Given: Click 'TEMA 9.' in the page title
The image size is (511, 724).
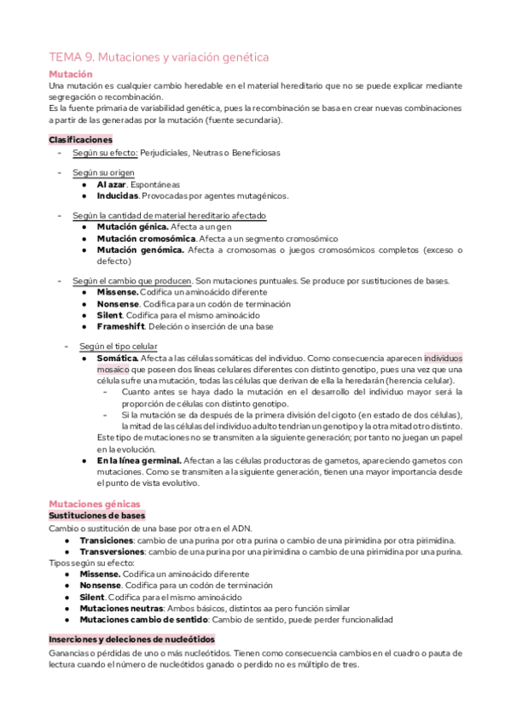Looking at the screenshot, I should (73, 57).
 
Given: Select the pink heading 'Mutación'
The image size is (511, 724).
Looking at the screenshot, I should (70, 75).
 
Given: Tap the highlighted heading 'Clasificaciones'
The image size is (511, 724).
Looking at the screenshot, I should (80, 139).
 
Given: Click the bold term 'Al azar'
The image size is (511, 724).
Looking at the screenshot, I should (112, 184).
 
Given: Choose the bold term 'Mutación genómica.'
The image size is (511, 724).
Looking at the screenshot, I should (140, 249).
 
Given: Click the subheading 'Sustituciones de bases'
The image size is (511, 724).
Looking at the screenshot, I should (96, 516).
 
